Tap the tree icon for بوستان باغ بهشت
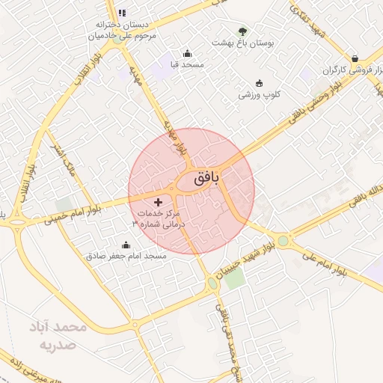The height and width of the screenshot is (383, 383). pyautogui.click(x=242, y=31)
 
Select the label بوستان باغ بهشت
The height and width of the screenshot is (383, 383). pyautogui.click(x=244, y=44)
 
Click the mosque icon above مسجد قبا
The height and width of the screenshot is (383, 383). pyautogui.click(x=187, y=53)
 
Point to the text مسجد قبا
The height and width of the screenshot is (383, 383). pyautogui.click(x=187, y=65)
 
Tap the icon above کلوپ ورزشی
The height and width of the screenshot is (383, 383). pyautogui.click(x=259, y=83)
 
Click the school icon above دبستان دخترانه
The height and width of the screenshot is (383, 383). pyautogui.click(x=122, y=13)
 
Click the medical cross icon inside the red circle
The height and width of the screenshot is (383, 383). pyautogui.click(x=158, y=202)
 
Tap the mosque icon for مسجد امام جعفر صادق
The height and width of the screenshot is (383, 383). pyautogui.click(x=125, y=245)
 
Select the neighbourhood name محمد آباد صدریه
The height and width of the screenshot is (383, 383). pyautogui.click(x=58, y=337)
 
